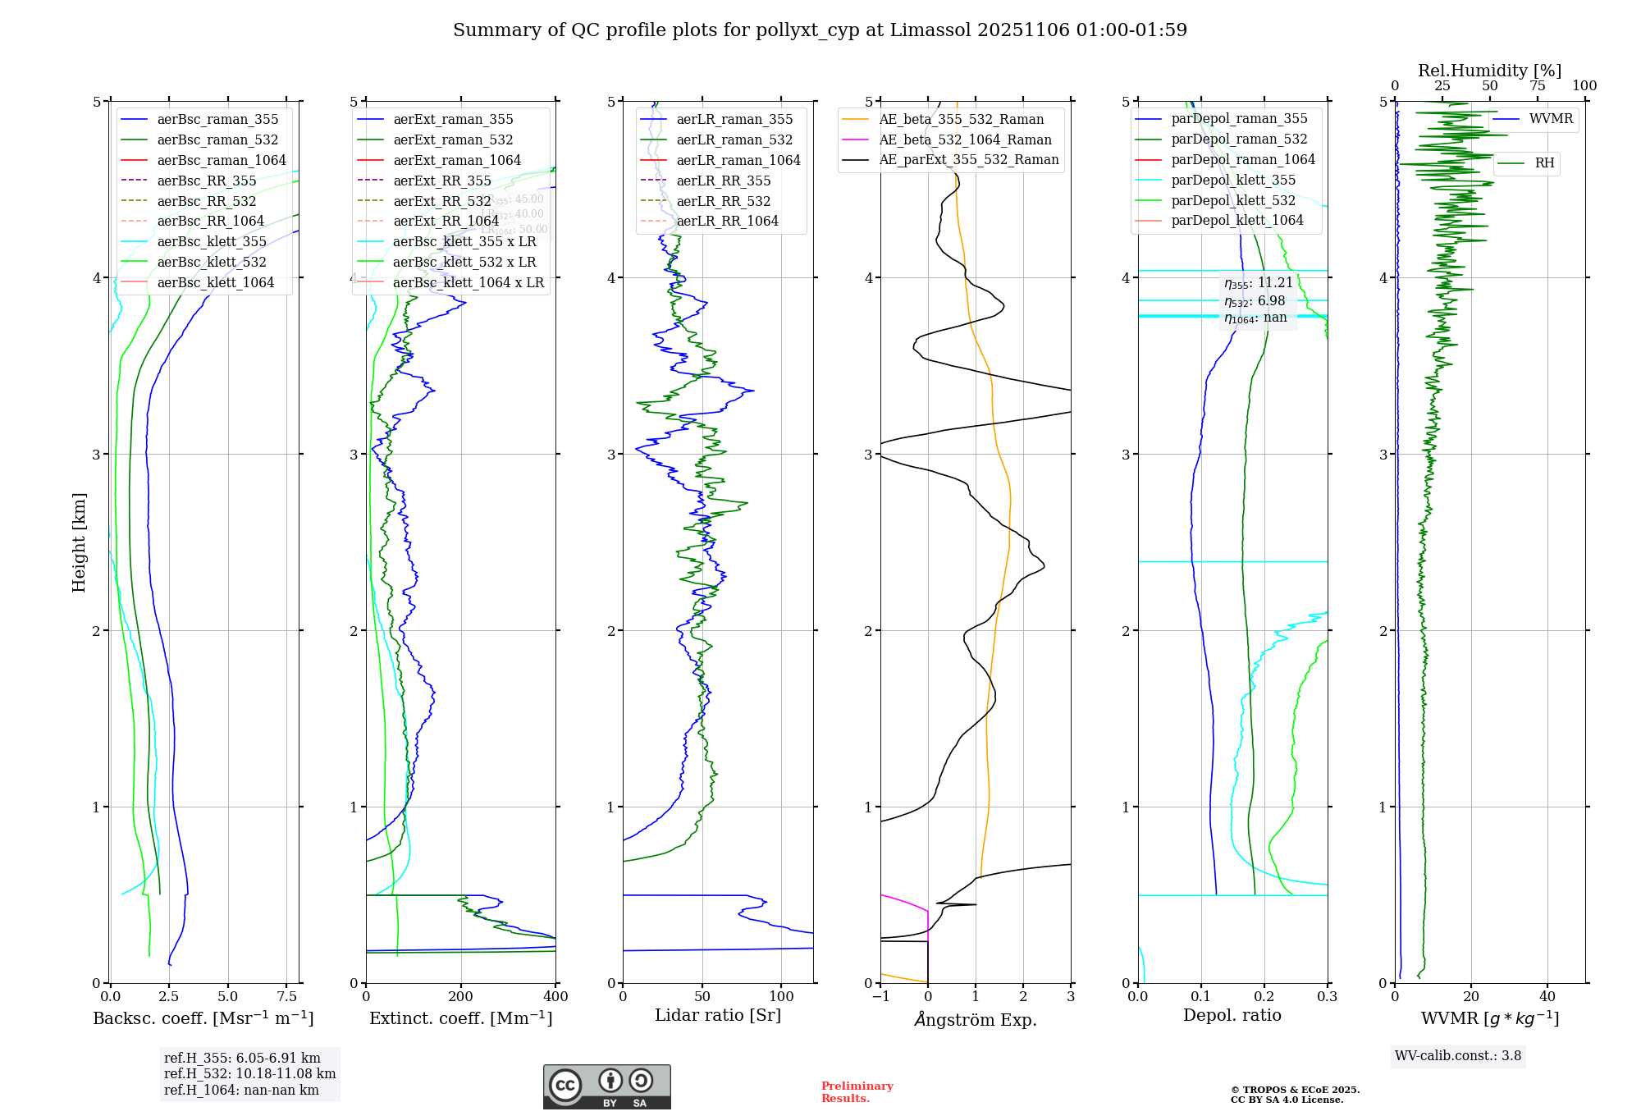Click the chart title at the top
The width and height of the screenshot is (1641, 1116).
[x=820, y=30]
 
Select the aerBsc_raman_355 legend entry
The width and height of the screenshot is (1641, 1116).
[x=217, y=120]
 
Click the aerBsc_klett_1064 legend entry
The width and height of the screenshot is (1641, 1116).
[x=215, y=282]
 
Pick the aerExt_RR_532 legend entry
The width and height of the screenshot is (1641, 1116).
[x=441, y=201]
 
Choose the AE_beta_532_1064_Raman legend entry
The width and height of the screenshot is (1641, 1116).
[x=965, y=139]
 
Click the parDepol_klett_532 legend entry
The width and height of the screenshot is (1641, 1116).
[x=1232, y=200]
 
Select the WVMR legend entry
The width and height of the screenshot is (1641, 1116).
[x=1551, y=119]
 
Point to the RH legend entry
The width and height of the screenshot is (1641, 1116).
[x=1544, y=163]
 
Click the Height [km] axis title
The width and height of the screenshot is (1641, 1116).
[x=79, y=542]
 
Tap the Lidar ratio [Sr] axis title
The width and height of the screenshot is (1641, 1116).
[x=718, y=1015]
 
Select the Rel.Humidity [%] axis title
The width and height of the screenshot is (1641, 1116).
[x=1489, y=71]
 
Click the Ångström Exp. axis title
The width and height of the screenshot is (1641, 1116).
[x=976, y=1019]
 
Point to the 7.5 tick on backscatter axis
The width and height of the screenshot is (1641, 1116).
[x=287, y=997]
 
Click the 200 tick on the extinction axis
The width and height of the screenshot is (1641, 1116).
[x=461, y=997]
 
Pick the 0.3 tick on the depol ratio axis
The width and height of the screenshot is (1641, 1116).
[x=1327, y=997]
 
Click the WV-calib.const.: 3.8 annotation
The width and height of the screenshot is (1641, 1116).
[x=1458, y=1056]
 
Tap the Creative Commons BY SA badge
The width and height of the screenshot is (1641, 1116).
[x=607, y=1087]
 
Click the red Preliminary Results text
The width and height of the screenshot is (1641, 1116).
[x=857, y=1092]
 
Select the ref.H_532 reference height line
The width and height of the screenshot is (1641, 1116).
[x=249, y=1074]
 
